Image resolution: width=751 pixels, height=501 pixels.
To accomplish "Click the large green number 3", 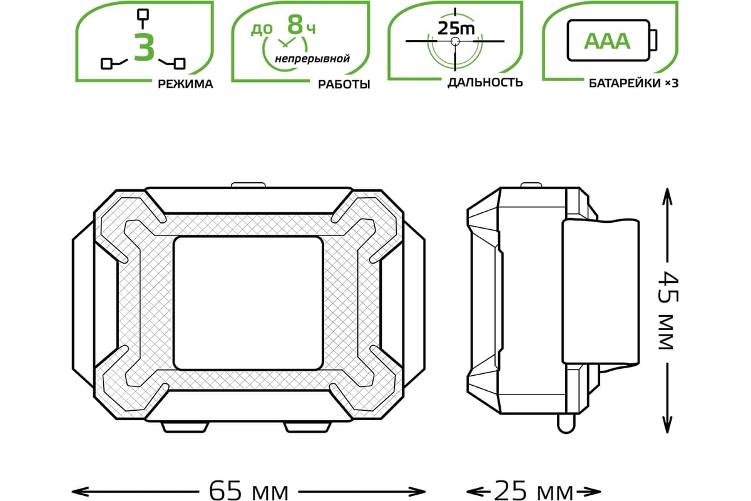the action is [144, 48].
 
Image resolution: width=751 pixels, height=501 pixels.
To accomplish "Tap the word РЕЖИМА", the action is [185, 84].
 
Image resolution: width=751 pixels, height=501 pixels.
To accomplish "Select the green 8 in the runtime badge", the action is [295, 24].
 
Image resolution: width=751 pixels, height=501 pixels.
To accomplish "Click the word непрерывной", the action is [312, 59].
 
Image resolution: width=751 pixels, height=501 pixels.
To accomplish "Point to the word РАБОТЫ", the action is [344, 84].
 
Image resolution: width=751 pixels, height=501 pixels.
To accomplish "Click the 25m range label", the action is [456, 29].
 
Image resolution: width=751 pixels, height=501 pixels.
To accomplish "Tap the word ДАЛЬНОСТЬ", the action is [485, 83].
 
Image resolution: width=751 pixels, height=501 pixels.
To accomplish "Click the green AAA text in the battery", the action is [607, 41].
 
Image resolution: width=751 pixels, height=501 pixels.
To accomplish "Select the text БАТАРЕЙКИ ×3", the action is [633, 83].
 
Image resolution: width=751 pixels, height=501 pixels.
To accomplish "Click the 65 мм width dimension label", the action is [248, 491].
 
